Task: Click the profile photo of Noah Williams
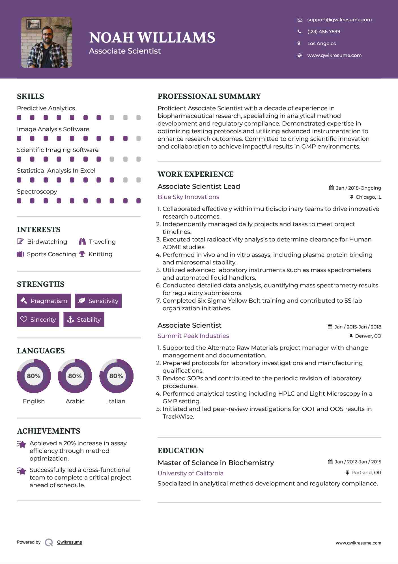[x=47, y=42]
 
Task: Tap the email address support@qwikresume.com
[x=339, y=20]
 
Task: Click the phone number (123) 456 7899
[x=324, y=32]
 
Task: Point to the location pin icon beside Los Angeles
[x=299, y=43]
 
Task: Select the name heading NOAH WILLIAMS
[x=152, y=38]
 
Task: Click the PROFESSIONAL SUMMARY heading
[x=209, y=96]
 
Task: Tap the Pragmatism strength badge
[x=44, y=301]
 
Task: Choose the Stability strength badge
[x=84, y=320]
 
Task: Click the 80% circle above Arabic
[x=75, y=376]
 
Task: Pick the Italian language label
[x=116, y=401]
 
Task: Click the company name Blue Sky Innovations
[x=188, y=197]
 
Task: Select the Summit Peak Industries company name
[x=193, y=336]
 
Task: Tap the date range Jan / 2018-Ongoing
[x=358, y=188]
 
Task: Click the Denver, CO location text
[x=368, y=336]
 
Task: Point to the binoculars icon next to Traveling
[x=82, y=241]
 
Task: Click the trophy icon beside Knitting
[x=82, y=254]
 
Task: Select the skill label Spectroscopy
[x=37, y=192]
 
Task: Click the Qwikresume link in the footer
[x=69, y=542]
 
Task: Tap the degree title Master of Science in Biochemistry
[x=216, y=463]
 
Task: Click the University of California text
[x=190, y=473]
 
